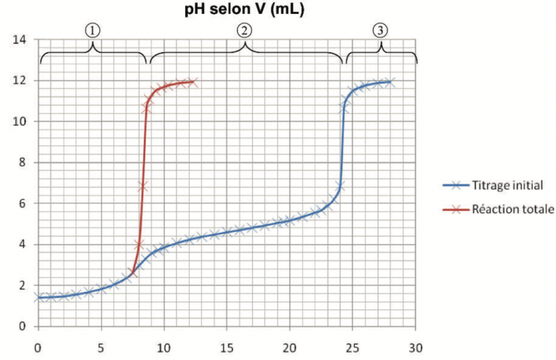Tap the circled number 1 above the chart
point(92,29)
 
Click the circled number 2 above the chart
point(244,29)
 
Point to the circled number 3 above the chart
point(380,29)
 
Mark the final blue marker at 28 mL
point(390,82)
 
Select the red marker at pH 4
point(139,244)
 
